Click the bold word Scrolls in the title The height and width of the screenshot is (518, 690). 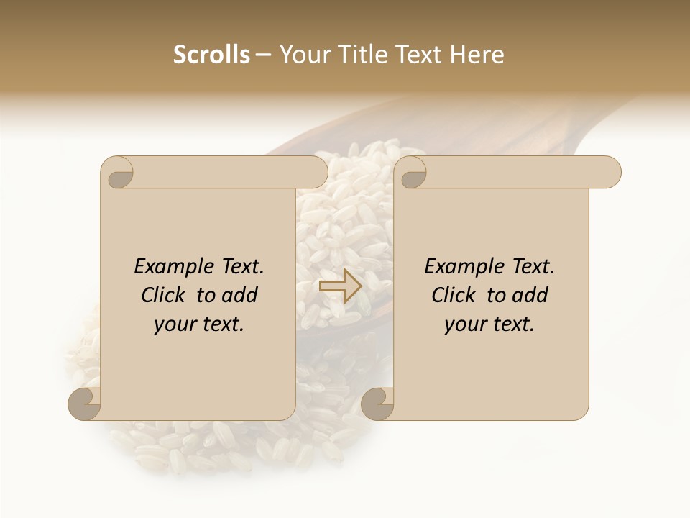click(x=211, y=55)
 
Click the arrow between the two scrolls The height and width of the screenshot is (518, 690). click(x=341, y=286)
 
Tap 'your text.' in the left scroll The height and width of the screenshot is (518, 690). click(x=199, y=324)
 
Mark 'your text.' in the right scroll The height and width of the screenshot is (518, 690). click(x=489, y=324)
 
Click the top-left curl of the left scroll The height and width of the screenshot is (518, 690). click(x=118, y=173)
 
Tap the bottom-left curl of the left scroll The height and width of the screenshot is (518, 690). click(x=85, y=404)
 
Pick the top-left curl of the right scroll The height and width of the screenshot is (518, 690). click(x=412, y=173)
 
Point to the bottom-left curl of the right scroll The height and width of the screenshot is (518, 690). click(x=377, y=404)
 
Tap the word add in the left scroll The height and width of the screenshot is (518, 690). click(x=241, y=295)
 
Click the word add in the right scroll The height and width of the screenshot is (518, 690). click(x=531, y=295)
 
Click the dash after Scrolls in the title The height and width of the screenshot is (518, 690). click(x=263, y=55)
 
